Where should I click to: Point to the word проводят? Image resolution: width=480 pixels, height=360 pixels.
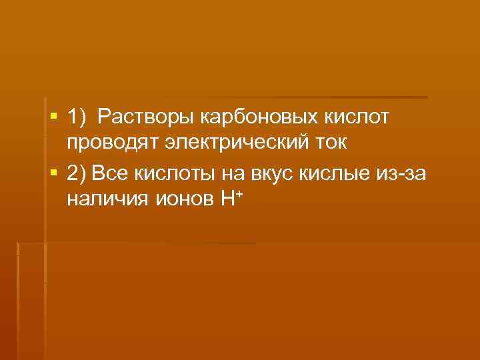111,144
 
